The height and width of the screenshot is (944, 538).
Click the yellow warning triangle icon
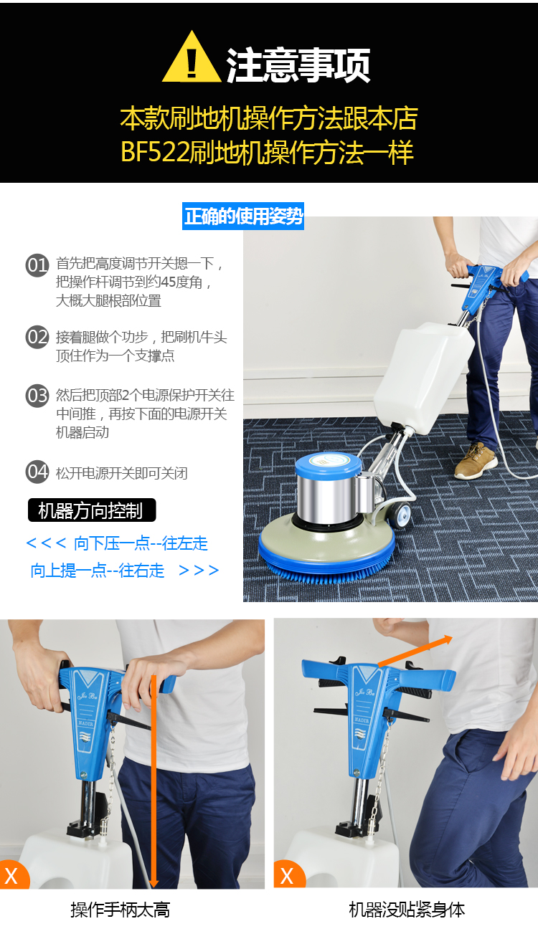tap(192, 58)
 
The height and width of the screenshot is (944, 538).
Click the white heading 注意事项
tap(298, 65)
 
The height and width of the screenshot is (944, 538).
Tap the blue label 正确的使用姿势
tap(243, 216)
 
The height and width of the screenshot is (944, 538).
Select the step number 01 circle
tap(37, 265)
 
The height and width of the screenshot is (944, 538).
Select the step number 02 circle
tap(37, 337)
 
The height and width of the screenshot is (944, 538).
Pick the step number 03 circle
tap(37, 395)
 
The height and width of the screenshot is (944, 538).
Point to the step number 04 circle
tap(37, 472)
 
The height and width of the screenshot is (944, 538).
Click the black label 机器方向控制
tap(92, 510)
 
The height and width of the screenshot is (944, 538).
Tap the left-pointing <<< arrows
tap(46, 543)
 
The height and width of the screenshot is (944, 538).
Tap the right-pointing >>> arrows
tap(199, 570)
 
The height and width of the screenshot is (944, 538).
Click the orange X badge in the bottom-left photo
tap(14, 875)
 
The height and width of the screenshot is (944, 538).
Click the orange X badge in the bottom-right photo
tap(289, 874)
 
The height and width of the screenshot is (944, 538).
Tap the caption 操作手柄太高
tap(121, 910)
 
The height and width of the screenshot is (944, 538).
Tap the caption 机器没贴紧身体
tap(407, 910)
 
